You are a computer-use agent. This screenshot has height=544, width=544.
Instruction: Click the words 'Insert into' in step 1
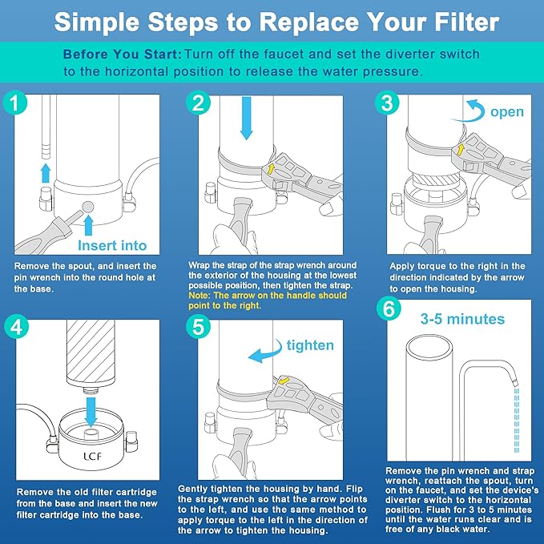click(x=112, y=244)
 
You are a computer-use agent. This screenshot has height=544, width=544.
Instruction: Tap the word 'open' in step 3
click(x=506, y=111)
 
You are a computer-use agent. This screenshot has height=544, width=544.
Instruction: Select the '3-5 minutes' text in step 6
click(x=462, y=320)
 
